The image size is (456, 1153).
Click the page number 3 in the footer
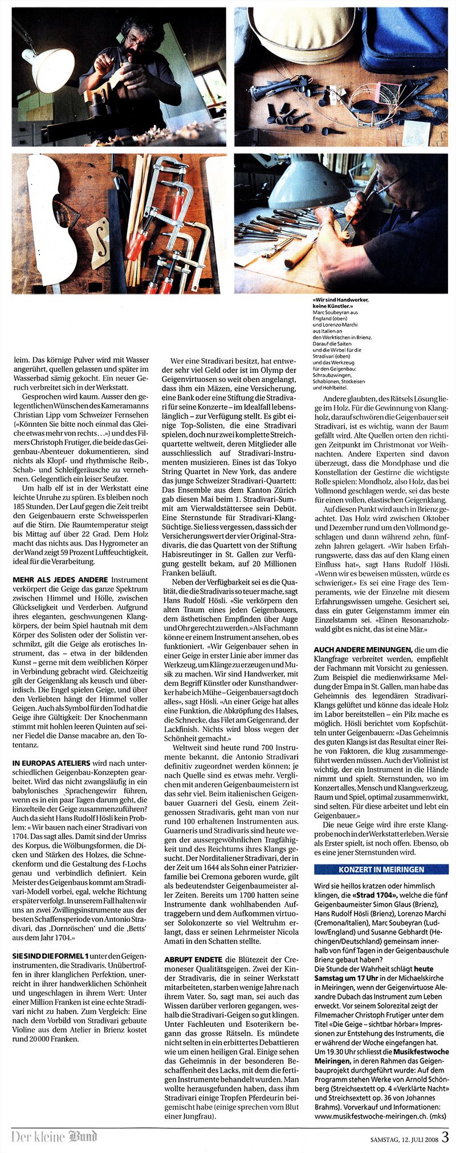pyautogui.click(x=445, y=1136)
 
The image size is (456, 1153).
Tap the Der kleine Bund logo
pyautogui.click(x=54, y=1136)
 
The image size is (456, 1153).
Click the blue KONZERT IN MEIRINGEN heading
pyautogui.click(x=381, y=870)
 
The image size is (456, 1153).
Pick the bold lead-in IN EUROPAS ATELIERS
pyautogui.click(x=51, y=763)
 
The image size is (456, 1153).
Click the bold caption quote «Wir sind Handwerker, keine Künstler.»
pyautogui.click(x=341, y=303)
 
